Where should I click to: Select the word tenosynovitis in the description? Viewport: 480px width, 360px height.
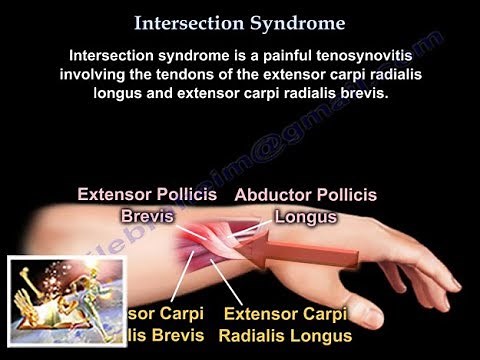point(365,55)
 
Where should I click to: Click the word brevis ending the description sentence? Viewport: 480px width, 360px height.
point(379,93)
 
